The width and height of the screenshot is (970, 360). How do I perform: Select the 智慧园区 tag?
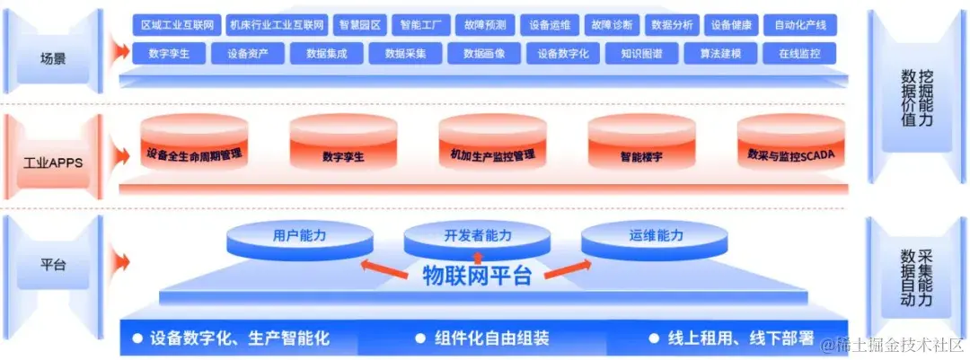(357, 25)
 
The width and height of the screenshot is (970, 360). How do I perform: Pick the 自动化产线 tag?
(800, 25)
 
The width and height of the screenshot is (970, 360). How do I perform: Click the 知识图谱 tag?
(641, 53)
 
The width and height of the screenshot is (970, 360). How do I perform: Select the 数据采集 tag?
(406, 53)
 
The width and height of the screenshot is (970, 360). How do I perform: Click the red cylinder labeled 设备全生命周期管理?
(195, 154)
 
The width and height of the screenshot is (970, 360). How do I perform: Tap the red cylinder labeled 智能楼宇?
(640, 154)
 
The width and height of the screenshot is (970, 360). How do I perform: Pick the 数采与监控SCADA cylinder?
(790, 154)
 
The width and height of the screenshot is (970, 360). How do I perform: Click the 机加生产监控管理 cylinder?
(492, 154)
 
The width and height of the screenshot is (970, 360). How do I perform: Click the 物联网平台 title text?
(477, 276)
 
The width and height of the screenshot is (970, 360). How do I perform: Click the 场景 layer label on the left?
(53, 59)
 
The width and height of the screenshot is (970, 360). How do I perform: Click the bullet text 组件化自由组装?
(491, 338)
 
